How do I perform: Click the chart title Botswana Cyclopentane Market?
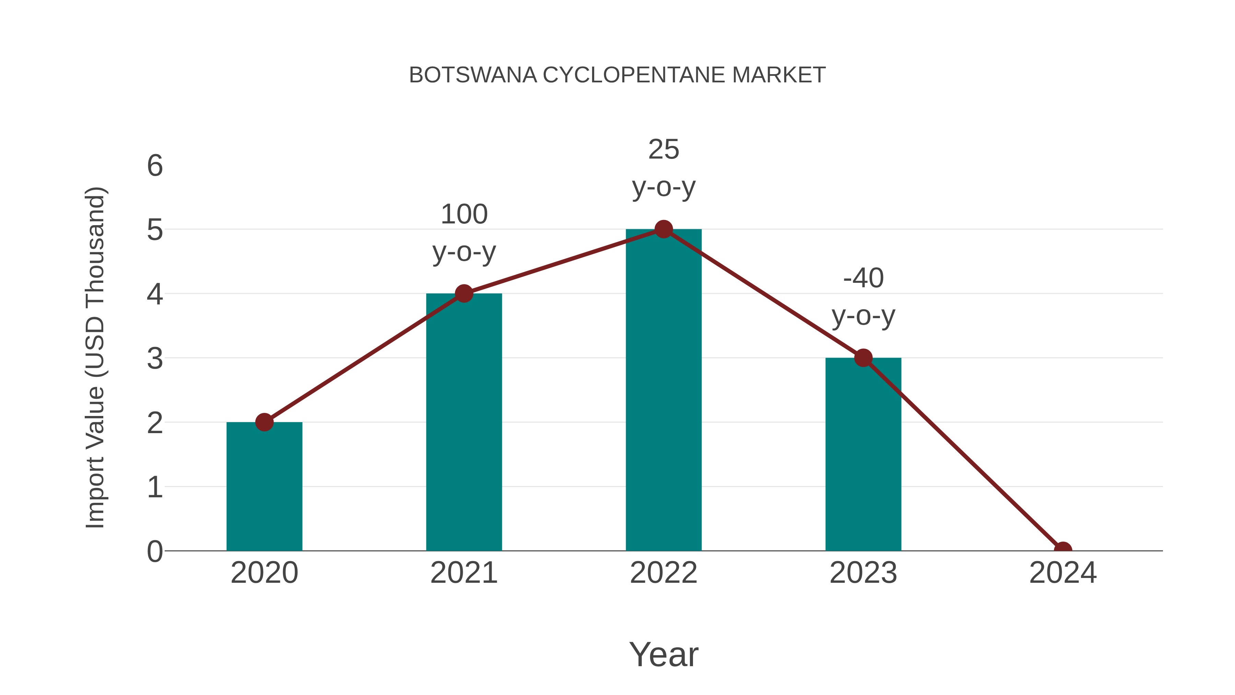(x=617, y=75)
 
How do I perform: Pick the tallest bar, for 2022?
(x=663, y=393)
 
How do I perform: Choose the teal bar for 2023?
(x=863, y=456)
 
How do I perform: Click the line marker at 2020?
(x=264, y=422)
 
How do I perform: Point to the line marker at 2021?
(x=463, y=293)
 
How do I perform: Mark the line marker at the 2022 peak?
(x=663, y=229)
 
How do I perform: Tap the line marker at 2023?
(x=863, y=358)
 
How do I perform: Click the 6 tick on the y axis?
(x=155, y=166)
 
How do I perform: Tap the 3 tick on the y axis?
(x=155, y=359)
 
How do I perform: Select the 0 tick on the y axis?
(x=155, y=552)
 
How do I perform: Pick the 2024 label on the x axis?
(x=1062, y=573)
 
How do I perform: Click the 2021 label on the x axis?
(x=463, y=573)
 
